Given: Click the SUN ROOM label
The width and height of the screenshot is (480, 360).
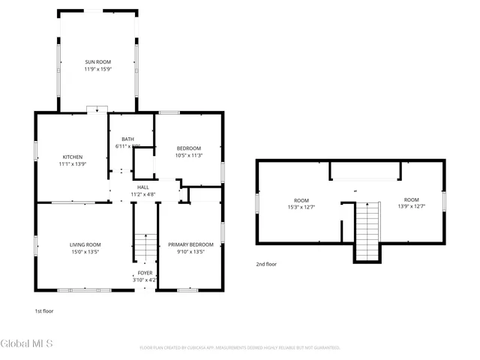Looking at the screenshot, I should click(x=97, y=61).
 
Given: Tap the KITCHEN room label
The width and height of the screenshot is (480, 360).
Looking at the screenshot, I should click(x=73, y=157).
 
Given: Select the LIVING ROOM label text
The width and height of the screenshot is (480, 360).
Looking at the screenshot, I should click(x=85, y=244).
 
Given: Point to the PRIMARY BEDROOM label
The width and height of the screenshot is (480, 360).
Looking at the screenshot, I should click(x=190, y=244).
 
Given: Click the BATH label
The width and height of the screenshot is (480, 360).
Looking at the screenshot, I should click(x=127, y=139).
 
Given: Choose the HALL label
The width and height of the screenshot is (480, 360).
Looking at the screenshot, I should click(x=142, y=187).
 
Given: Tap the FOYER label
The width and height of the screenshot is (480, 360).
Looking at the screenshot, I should click(x=145, y=273).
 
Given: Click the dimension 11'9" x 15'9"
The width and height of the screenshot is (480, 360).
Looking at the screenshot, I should click(x=97, y=69).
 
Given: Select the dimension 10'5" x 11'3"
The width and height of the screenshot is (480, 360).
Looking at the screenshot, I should click(x=189, y=155).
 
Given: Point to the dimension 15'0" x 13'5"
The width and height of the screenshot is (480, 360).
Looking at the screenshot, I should click(x=85, y=252).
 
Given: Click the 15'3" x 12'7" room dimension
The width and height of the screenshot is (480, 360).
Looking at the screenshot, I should click(x=301, y=208).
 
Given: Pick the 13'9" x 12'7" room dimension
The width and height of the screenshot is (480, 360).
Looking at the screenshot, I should click(x=411, y=208).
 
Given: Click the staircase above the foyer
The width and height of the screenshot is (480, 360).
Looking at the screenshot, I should click(x=145, y=247).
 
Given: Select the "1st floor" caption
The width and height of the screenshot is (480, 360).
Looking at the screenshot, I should click(x=43, y=310).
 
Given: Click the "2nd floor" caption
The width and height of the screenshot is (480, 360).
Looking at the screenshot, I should click(x=266, y=264).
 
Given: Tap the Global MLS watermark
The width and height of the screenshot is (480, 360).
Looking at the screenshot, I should click(x=27, y=344).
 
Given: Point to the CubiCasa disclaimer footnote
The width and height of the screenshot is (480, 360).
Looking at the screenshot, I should click(x=240, y=348).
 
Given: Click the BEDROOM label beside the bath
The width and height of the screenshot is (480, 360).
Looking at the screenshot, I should click(x=189, y=148).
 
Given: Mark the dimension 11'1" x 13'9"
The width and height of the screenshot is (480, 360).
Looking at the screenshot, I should click(x=73, y=164).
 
